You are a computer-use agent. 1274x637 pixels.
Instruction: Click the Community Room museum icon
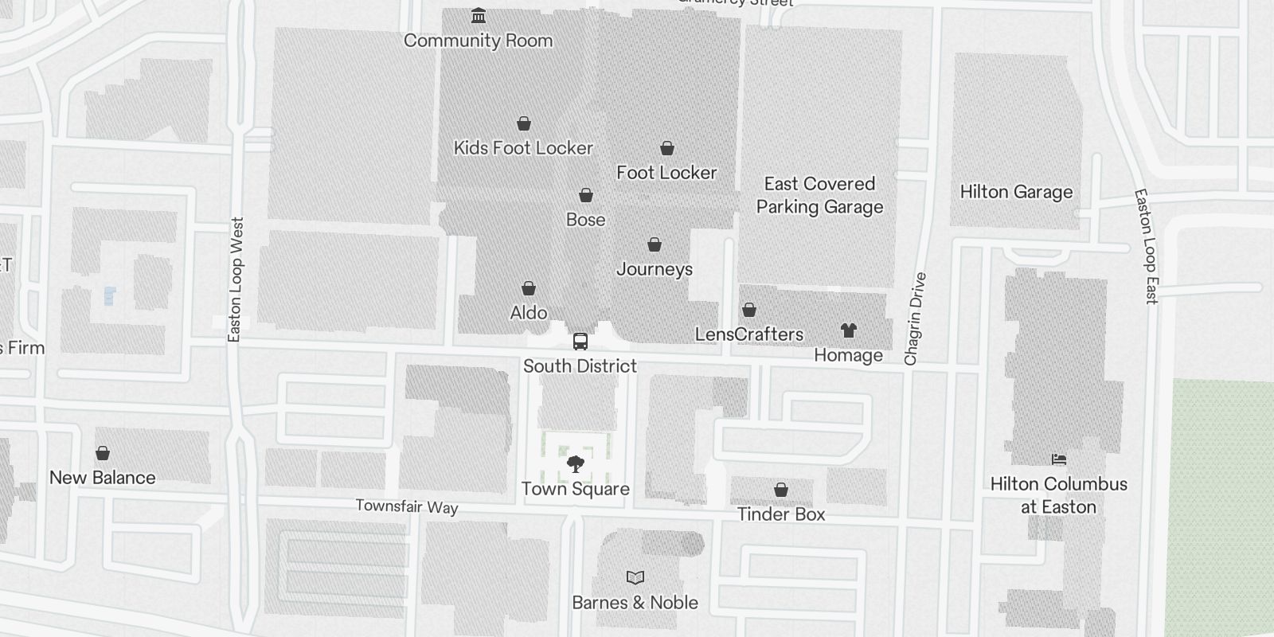(x=479, y=16)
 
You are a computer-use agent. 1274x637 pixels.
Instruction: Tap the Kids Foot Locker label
(x=523, y=148)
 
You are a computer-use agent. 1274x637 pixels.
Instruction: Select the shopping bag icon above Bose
(x=586, y=195)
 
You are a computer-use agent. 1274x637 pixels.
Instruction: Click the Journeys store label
(x=655, y=269)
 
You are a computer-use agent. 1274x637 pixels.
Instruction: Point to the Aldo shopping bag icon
(x=529, y=288)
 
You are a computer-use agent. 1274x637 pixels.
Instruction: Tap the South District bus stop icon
(x=580, y=342)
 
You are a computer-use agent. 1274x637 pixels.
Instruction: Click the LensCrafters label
(x=749, y=334)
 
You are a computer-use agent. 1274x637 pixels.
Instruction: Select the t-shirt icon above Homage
(x=849, y=330)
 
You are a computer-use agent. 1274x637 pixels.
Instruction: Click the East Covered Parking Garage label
(x=819, y=195)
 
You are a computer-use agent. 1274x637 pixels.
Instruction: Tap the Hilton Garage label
(x=1016, y=192)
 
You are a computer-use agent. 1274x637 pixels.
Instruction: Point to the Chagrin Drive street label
(x=916, y=318)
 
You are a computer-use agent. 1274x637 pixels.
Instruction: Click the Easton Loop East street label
(x=1146, y=247)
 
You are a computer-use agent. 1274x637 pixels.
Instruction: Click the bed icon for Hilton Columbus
(x=1058, y=459)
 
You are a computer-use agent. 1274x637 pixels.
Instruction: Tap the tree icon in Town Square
(x=575, y=464)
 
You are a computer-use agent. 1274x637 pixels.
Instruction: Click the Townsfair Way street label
(x=407, y=506)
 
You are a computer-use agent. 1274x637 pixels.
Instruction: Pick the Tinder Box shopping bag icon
(x=781, y=490)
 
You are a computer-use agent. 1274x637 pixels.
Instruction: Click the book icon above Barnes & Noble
(x=635, y=577)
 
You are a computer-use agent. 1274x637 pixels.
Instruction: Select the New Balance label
(x=103, y=478)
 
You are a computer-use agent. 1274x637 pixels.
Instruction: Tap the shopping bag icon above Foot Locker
(x=667, y=148)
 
